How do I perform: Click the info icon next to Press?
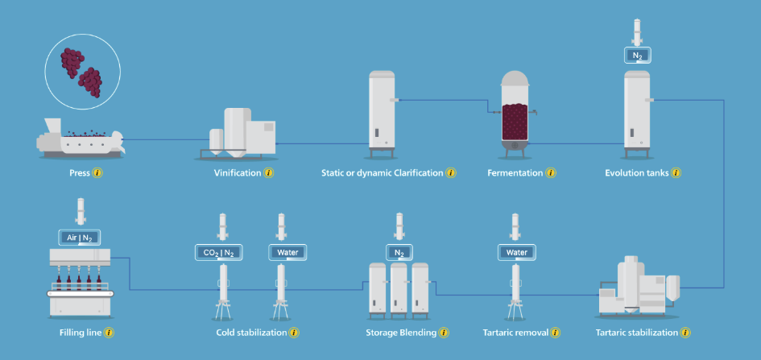(x=98, y=173)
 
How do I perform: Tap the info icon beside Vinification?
(x=269, y=173)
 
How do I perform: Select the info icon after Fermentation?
(x=551, y=173)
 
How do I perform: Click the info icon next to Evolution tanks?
(x=676, y=173)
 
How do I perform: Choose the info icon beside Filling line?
(x=109, y=332)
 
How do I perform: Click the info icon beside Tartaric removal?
(x=554, y=332)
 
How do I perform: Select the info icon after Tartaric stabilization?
(x=685, y=332)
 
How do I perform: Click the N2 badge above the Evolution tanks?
(x=637, y=56)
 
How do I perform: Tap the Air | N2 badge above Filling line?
(x=79, y=237)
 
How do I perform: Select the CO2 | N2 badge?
(x=219, y=252)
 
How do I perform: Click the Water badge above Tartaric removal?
(x=516, y=252)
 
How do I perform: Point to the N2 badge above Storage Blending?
(x=399, y=252)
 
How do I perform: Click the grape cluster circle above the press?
(x=82, y=72)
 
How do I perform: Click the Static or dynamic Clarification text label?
(x=383, y=173)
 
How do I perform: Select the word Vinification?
(x=238, y=173)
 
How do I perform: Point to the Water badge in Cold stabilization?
(x=281, y=252)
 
